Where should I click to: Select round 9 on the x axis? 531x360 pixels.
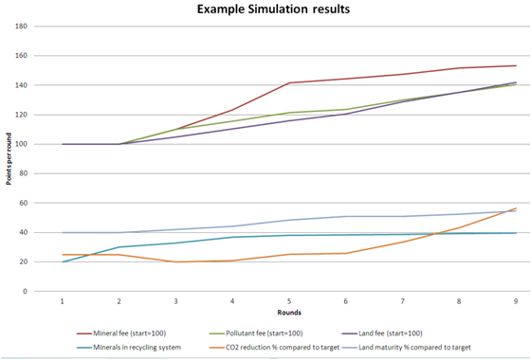[516, 300]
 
